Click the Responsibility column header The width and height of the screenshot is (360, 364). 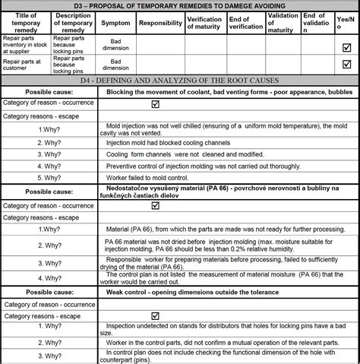point(160,24)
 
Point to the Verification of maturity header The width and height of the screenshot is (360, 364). point(204,24)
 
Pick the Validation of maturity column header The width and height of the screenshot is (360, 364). point(283,24)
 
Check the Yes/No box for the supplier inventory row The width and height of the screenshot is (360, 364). point(347,46)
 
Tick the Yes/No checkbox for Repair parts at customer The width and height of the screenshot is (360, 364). point(347,65)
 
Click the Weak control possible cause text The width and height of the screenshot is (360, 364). point(192,293)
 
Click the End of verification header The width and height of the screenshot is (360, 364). point(245,24)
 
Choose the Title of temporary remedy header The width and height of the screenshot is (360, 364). point(27,24)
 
